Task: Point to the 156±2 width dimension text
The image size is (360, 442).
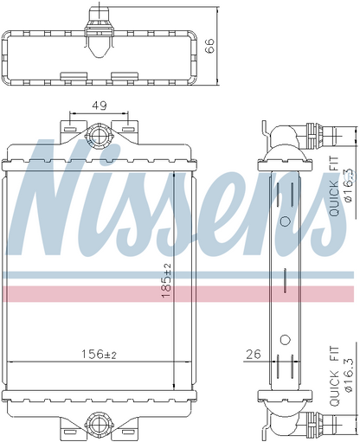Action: (x=98, y=354)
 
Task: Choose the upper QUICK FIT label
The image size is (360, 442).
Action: (x=334, y=186)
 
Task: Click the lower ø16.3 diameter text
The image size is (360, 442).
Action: (x=348, y=372)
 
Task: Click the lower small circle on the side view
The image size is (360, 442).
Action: (x=285, y=335)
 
